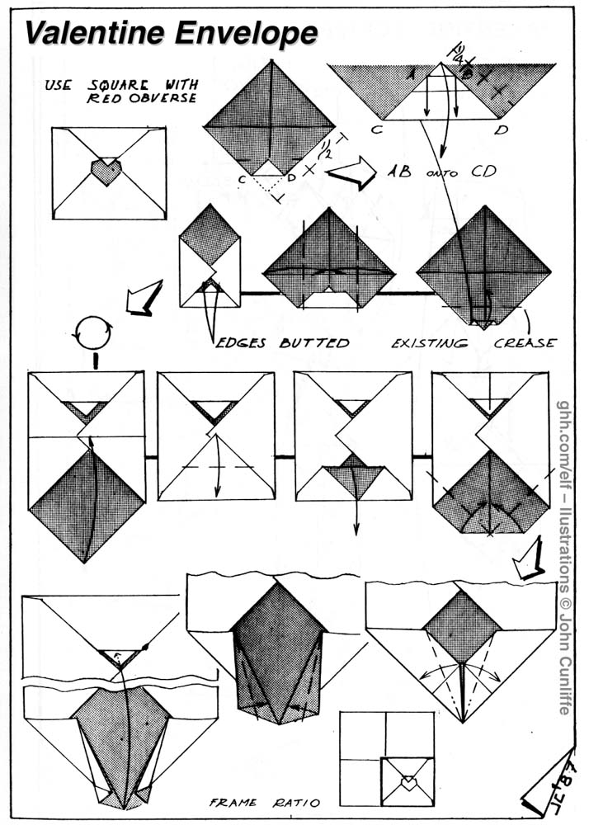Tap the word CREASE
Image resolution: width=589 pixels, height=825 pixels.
(526, 342)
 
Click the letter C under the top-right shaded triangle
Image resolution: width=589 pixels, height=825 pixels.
(375, 130)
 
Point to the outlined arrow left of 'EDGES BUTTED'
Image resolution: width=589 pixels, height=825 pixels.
(140, 298)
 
